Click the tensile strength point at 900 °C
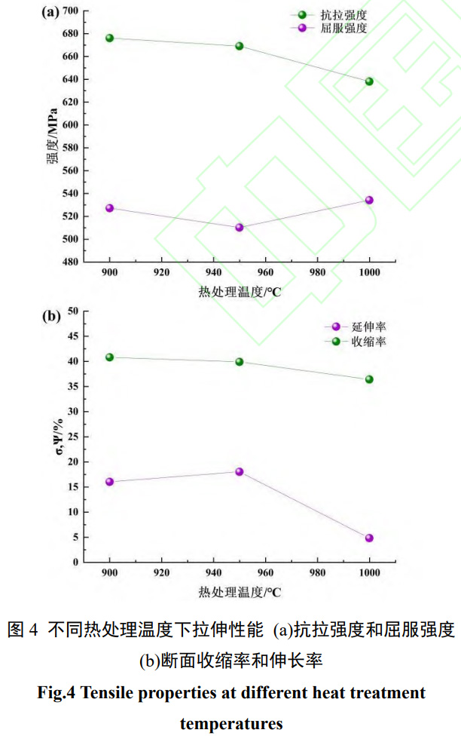[109, 38]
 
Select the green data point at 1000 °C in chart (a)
[369, 81]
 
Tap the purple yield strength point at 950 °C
[240, 227]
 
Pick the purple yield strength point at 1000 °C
[369, 200]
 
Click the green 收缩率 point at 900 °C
[109, 357]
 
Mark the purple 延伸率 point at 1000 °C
[369, 538]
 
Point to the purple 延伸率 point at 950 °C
[240, 471]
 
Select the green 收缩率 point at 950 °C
[240, 361]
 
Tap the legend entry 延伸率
[370, 327]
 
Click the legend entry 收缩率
[370, 342]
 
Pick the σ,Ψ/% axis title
[53, 436]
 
